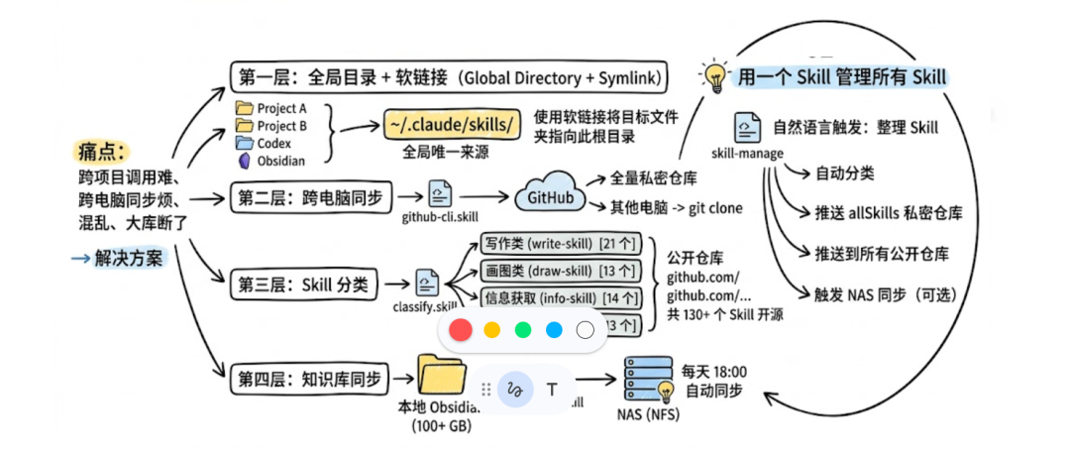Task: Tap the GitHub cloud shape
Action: [549, 197]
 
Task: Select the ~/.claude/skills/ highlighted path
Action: [452, 125]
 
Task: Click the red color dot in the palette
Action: [461, 329]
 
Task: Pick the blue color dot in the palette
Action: [554, 329]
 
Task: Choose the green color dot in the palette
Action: [523, 329]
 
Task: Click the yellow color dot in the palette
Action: [491, 329]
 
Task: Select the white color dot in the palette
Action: [585, 329]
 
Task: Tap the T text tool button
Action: [552, 389]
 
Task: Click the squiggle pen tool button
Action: [513, 389]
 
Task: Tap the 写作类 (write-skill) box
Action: [562, 244]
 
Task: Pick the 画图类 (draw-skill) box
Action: [562, 271]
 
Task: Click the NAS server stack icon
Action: [646, 379]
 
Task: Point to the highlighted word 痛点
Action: [101, 152]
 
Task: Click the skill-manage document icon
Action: [748, 129]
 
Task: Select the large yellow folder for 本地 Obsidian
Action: [443, 377]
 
